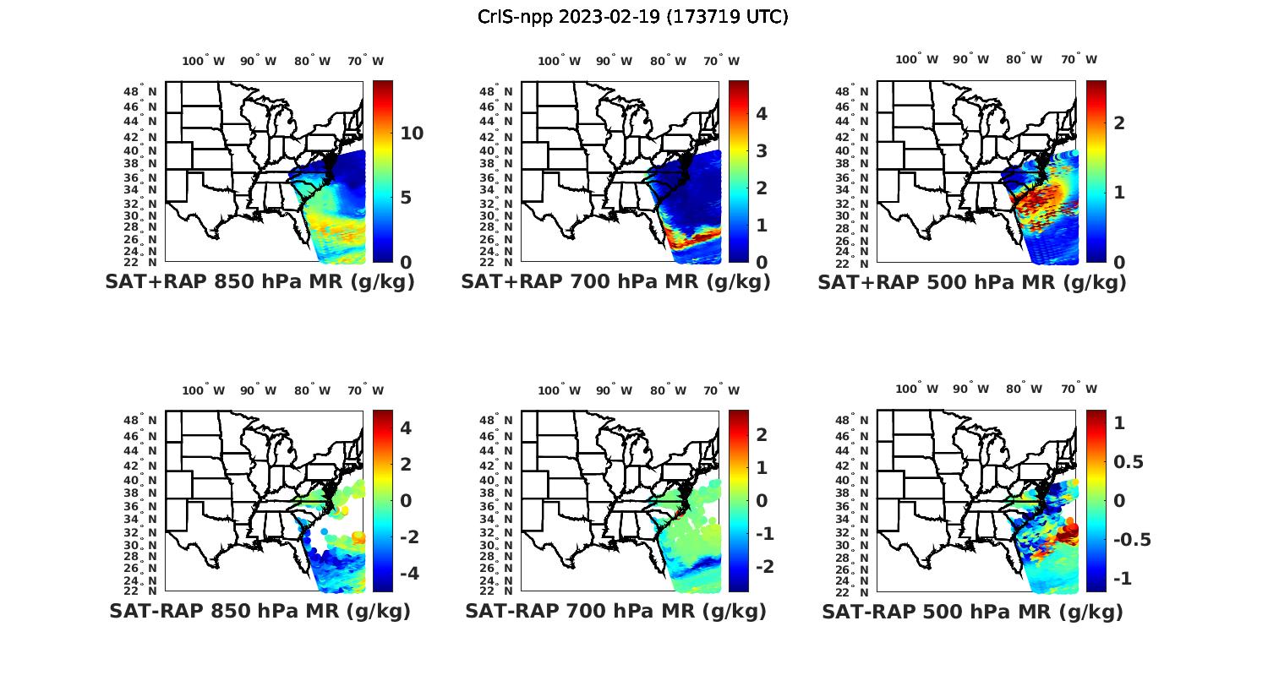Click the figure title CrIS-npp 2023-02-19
tap(632, 17)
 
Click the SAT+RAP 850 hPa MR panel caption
tap(260, 282)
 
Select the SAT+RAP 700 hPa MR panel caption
tap(615, 282)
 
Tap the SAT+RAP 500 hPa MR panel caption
tap(972, 282)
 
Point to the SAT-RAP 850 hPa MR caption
tap(260, 611)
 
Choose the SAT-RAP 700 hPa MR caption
tap(615, 611)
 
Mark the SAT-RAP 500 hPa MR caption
tap(972, 612)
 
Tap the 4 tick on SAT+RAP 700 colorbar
tap(761, 114)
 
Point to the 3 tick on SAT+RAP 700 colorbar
tap(761, 151)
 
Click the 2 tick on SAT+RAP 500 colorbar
tap(1119, 123)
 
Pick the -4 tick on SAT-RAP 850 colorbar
tap(401, 574)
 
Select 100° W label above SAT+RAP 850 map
tap(203, 61)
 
